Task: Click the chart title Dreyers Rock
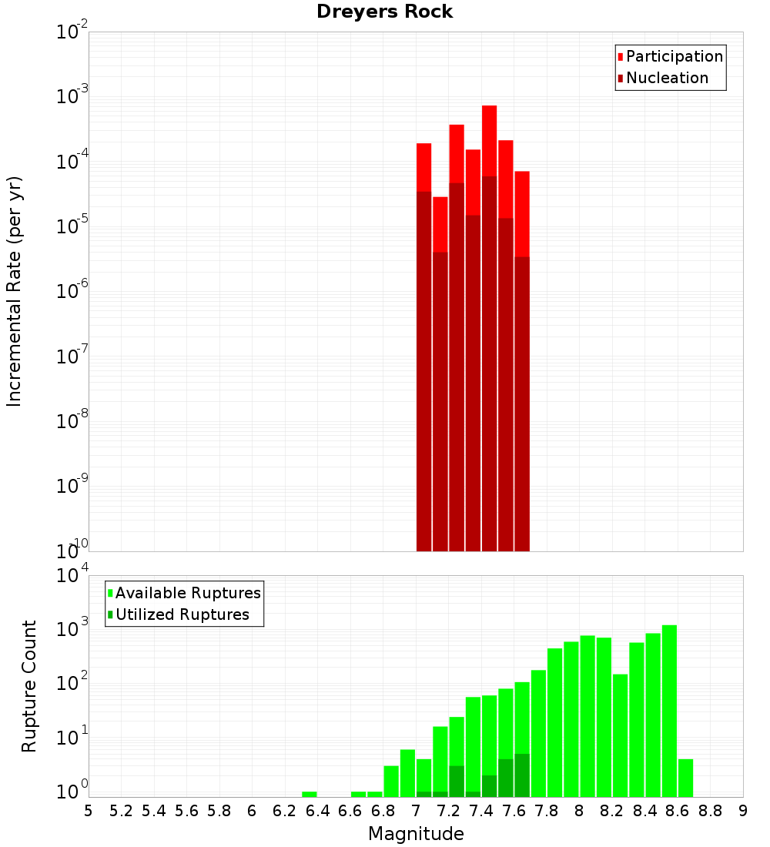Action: point(384,12)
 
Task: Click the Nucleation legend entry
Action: point(666,78)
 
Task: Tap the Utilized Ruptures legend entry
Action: point(182,614)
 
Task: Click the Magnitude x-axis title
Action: point(416,834)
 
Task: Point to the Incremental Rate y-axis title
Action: point(15,291)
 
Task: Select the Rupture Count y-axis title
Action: point(29,685)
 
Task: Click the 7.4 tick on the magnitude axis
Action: point(481,810)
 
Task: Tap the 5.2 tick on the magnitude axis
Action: point(121,810)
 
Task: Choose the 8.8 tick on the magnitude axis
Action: point(710,810)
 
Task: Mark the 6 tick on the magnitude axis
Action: point(252,810)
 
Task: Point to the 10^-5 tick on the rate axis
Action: point(72,226)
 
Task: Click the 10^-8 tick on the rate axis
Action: point(72,421)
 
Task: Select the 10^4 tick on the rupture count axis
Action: point(72,576)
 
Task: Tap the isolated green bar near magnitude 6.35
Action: point(309,794)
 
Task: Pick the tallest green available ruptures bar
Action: point(669,708)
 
